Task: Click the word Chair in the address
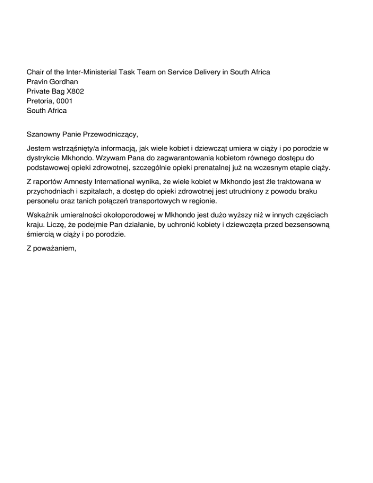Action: coord(35,72)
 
